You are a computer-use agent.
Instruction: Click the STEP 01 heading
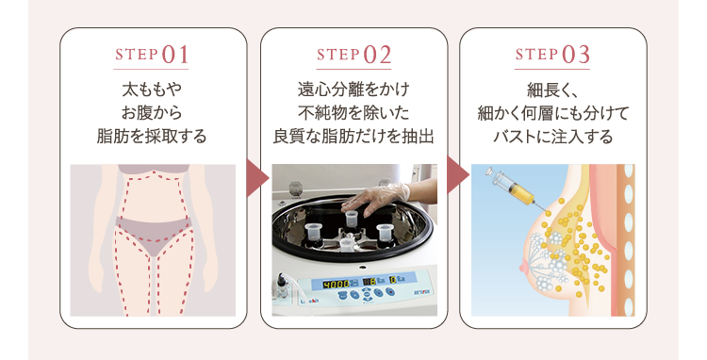click(152, 55)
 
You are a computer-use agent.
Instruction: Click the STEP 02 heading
click(353, 55)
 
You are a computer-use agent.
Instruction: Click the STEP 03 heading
click(552, 55)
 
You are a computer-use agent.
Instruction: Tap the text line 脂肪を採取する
click(152, 136)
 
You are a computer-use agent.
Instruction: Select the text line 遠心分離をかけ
click(353, 90)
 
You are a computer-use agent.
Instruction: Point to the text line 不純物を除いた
click(353, 113)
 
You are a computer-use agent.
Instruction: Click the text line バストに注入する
click(552, 136)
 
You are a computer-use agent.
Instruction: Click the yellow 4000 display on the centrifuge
click(337, 284)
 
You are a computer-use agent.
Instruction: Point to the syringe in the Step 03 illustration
click(514, 188)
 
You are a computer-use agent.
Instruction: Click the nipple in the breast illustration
click(523, 268)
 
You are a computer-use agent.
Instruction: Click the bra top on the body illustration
click(154, 170)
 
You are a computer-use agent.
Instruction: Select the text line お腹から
click(152, 113)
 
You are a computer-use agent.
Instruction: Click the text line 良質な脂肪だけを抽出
click(353, 136)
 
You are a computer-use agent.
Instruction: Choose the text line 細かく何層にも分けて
click(552, 113)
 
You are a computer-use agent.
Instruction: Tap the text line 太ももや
click(152, 90)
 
